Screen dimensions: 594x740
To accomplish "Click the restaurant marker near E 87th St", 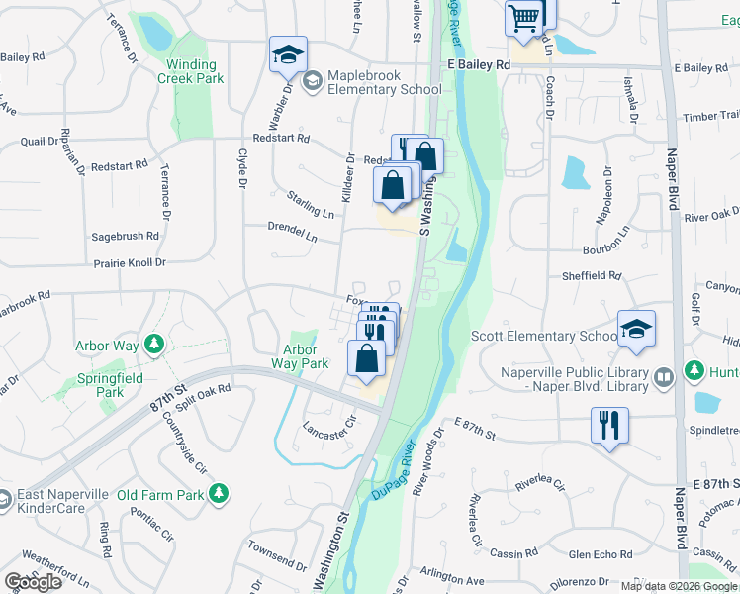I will pyautogui.click(x=609, y=425).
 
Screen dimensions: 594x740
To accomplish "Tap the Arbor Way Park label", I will pyautogui.click(x=300, y=356).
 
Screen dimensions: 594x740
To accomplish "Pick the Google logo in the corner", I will pyautogui.click(x=33, y=581).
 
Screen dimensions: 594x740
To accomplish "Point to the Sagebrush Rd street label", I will pyautogui.click(x=125, y=236).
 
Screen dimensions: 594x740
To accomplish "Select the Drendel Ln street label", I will pyautogui.click(x=292, y=233).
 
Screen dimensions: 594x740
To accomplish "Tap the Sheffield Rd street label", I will pyautogui.click(x=592, y=276).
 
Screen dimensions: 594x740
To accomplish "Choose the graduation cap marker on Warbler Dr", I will pyautogui.click(x=288, y=53).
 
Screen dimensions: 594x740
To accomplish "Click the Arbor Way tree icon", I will pyautogui.click(x=153, y=345).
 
